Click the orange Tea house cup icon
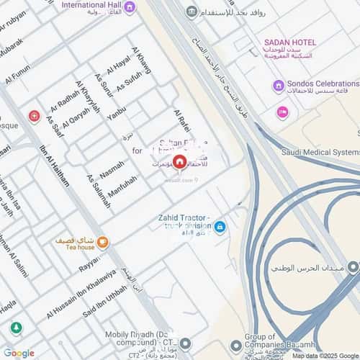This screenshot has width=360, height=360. tap(103, 241)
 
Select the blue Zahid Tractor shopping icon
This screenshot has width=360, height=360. tap(220, 227)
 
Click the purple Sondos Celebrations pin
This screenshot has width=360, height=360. tap(278, 86)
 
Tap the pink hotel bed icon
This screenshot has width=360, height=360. tap(282, 112)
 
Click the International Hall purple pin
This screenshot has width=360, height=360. tap(129, 7)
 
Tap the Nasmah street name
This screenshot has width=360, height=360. tap(112, 169)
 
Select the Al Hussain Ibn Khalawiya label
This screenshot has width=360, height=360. tap(81, 294)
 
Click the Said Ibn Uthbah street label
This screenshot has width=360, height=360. tap(104, 302)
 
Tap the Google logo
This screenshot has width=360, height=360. tap(19, 353)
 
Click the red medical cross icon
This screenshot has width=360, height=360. tap(34, 116)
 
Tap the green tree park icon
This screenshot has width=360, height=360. tap(15, 328)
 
